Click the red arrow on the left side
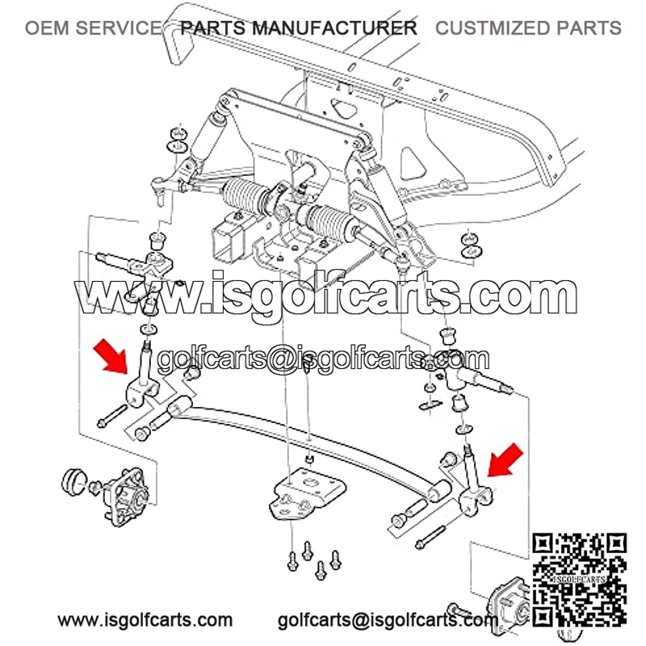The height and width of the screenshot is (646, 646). click(111, 356)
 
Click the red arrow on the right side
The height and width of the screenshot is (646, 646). click(505, 459)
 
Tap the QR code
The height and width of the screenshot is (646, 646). click(579, 579)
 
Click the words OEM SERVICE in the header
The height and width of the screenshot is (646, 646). click(94, 28)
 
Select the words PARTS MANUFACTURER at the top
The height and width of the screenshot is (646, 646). click(299, 28)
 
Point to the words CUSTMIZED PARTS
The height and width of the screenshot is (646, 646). click(528, 28)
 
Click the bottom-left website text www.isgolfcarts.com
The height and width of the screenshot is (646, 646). click(145, 619)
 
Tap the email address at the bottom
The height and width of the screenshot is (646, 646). click(388, 620)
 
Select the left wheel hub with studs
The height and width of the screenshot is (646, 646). click(126, 497)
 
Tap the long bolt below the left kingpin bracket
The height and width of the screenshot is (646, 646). click(112, 416)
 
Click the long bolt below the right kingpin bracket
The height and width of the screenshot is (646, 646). click(430, 538)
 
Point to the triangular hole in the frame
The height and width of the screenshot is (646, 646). click(413, 164)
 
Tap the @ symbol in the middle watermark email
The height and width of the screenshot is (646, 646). click(279, 359)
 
